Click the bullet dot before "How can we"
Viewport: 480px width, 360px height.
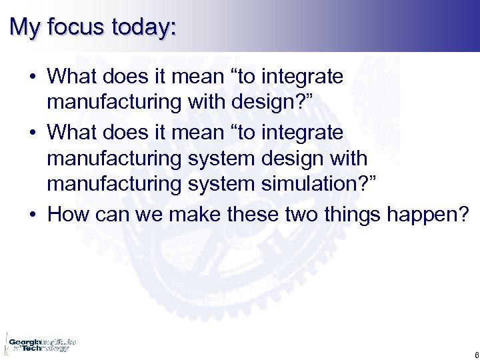(33, 215)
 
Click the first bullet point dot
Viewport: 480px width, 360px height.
(33, 78)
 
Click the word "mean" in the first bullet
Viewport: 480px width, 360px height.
(193, 78)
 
